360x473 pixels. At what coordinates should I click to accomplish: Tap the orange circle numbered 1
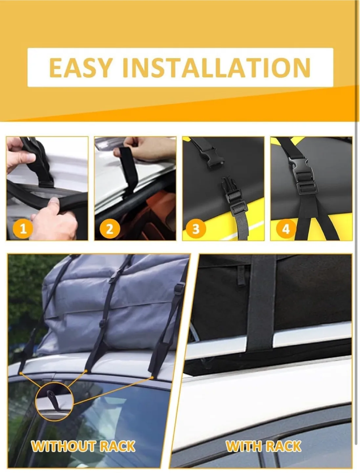point(23,228)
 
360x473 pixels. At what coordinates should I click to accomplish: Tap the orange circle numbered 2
point(110,228)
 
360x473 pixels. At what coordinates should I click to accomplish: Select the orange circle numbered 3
point(196,228)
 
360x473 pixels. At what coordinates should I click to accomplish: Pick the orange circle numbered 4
point(286,228)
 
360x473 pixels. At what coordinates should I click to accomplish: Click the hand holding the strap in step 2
point(144,148)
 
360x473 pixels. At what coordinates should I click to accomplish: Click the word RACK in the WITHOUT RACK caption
point(117,446)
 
